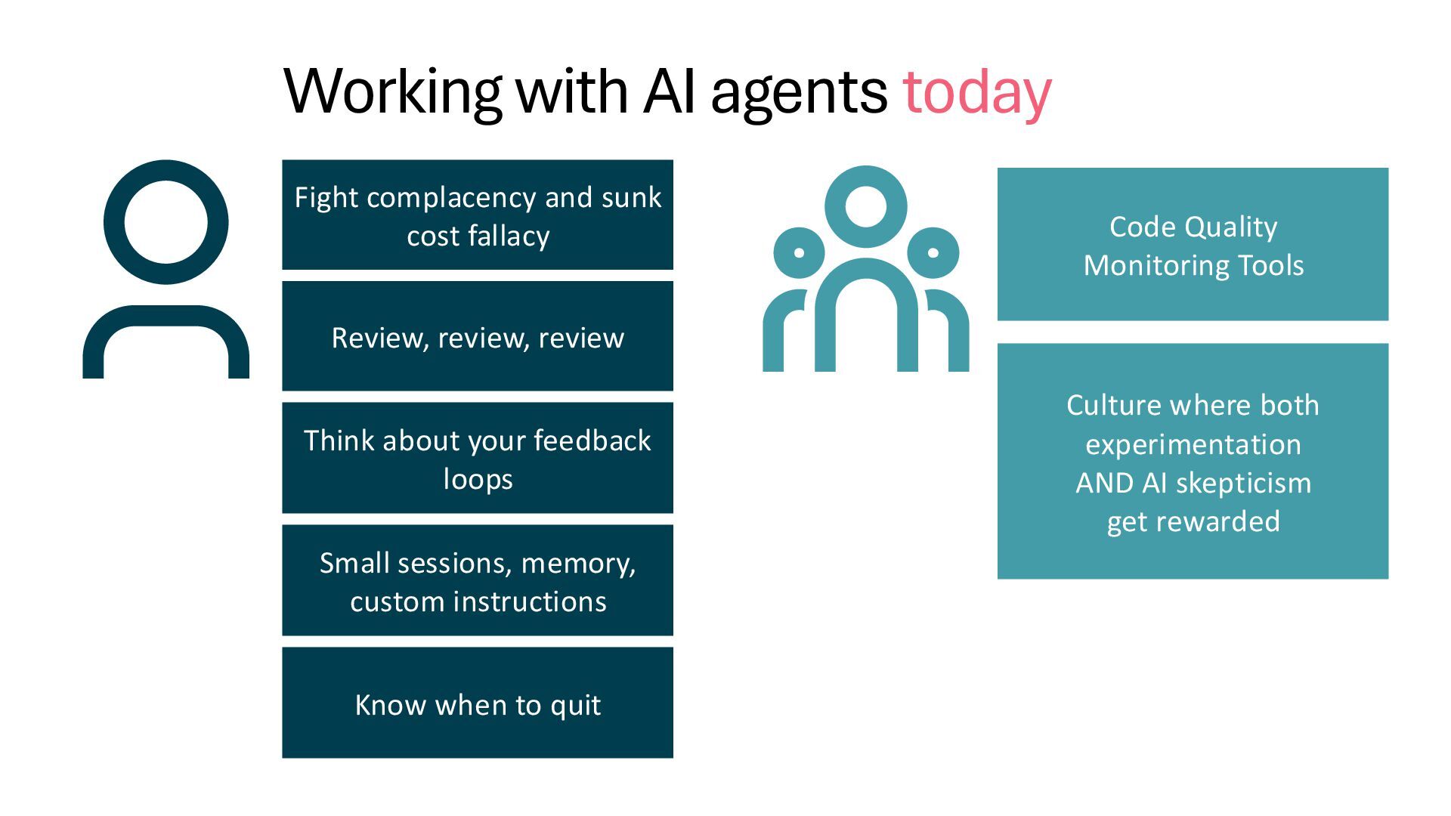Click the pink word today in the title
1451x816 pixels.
[976, 92]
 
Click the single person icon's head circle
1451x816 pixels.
[166, 222]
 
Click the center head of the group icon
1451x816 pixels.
[865, 206]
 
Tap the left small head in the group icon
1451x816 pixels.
[799, 252]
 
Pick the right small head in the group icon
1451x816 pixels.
[933, 252]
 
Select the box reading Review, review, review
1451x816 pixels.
[478, 336]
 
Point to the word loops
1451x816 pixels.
[478, 480]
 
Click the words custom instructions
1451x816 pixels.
[478, 602]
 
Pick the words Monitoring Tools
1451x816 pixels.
[1193, 266]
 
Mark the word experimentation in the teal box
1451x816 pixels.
[1193, 444]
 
